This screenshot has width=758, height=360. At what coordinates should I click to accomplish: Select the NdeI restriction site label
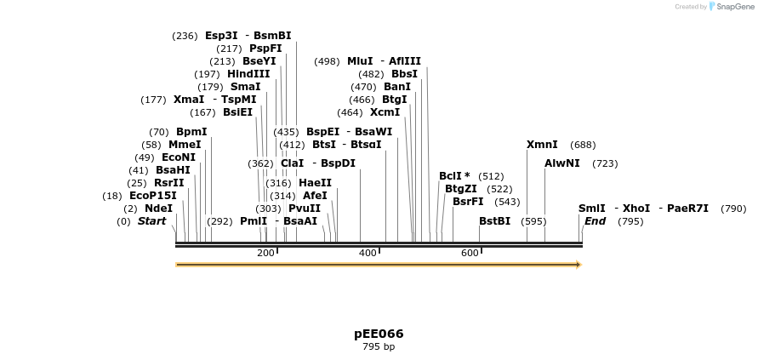pos(158,209)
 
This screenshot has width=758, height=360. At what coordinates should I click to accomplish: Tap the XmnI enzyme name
pos(542,146)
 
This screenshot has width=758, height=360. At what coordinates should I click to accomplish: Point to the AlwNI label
pos(561,163)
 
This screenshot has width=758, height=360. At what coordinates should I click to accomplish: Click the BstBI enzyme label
pos(494,221)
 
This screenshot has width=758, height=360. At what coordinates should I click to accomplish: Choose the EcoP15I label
pos(153,196)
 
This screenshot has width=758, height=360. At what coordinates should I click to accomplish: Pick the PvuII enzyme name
pos(305,209)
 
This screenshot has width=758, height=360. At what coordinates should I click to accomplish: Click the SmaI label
pos(245,87)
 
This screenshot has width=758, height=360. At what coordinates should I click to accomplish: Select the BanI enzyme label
pos(397,87)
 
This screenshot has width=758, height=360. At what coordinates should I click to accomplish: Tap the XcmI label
pos(385,112)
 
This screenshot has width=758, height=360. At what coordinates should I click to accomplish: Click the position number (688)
pos(583,146)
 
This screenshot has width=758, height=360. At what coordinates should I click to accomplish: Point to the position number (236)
pos(185,36)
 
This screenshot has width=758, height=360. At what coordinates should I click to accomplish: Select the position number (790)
pos(733,209)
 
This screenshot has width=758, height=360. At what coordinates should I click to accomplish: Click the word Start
pos(151,221)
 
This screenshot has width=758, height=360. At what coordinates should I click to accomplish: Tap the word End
pos(595,221)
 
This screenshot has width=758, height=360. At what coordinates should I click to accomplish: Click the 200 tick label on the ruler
pos(265,254)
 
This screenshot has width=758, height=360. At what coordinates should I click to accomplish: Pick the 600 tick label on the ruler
pos(470,254)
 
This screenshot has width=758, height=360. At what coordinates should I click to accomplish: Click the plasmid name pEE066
pos(379,334)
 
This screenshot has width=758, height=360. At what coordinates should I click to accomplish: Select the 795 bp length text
pos(379,347)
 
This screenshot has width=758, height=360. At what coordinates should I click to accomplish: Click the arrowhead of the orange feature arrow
pos(578,265)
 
